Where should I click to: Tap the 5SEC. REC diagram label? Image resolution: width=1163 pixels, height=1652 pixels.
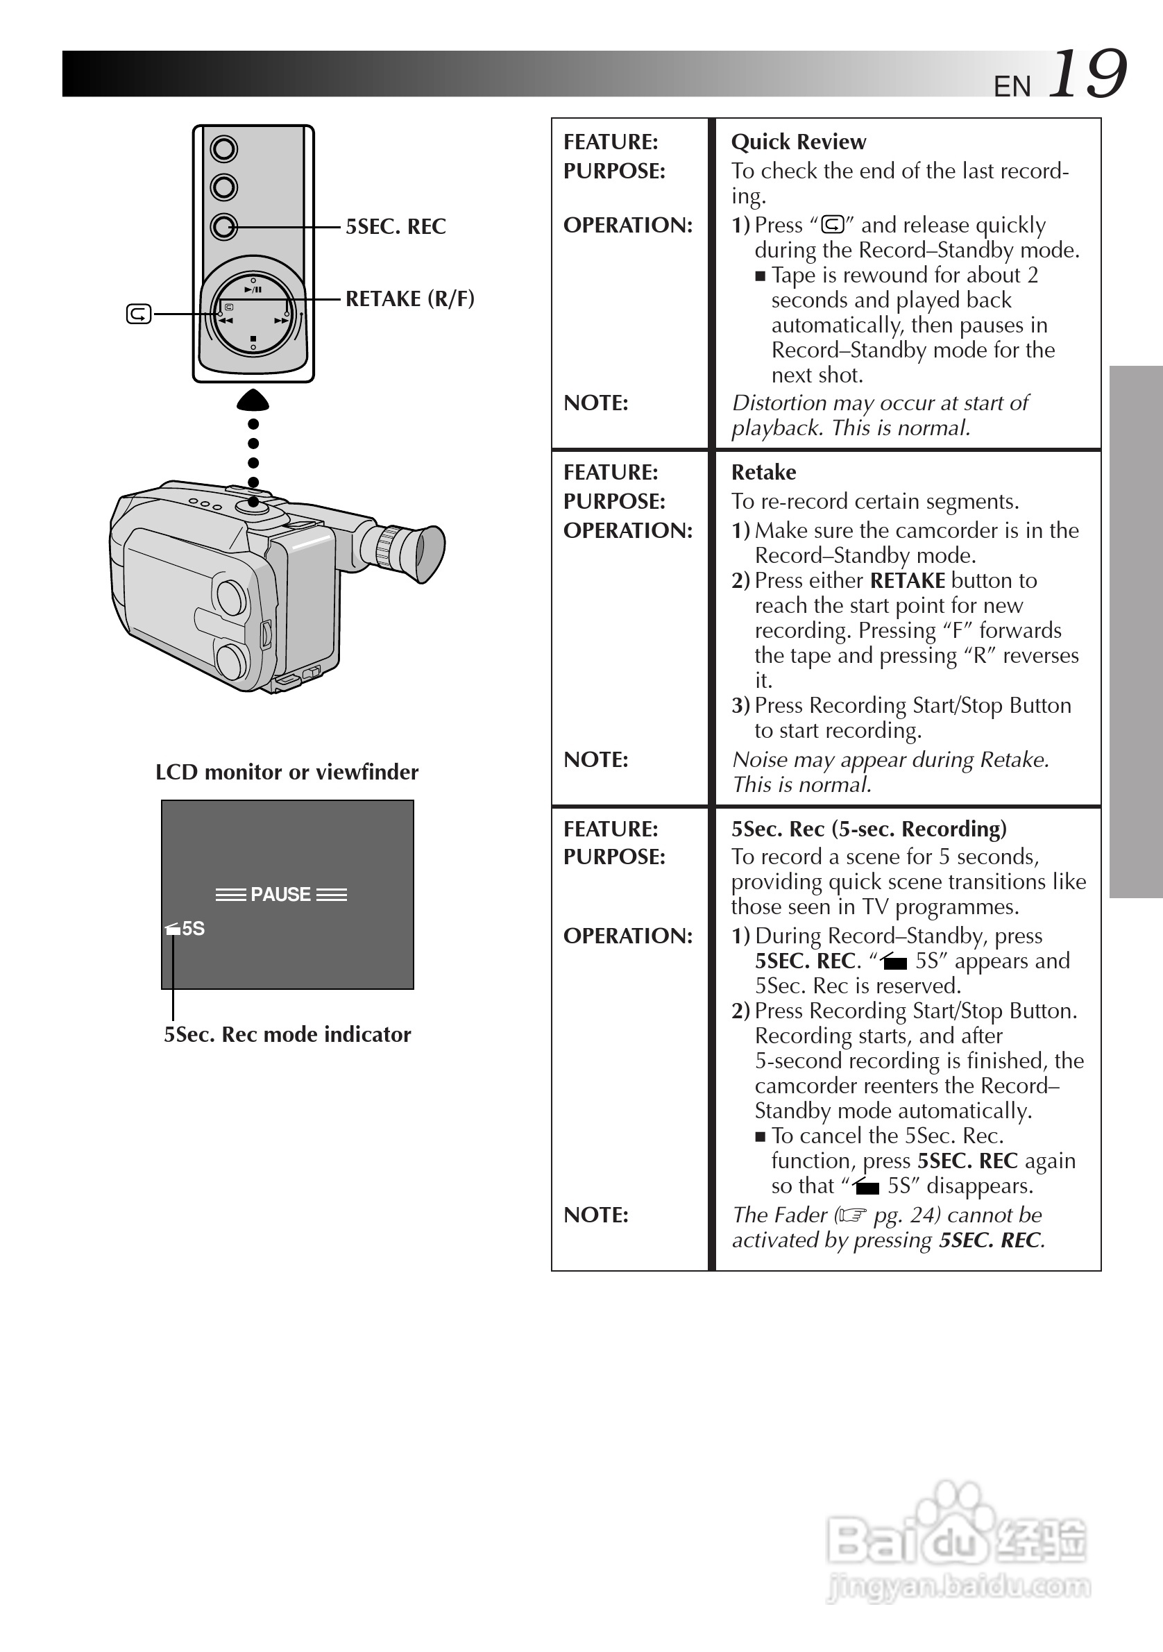pyautogui.click(x=396, y=227)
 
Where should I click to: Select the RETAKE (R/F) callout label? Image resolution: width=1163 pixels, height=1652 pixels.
pyautogui.click(x=410, y=298)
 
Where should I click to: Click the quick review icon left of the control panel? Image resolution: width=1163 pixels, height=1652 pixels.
pyautogui.click(x=139, y=314)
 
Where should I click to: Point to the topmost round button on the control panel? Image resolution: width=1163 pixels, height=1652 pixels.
pyautogui.click(x=223, y=150)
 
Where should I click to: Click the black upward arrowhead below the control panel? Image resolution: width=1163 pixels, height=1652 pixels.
pyautogui.click(x=253, y=400)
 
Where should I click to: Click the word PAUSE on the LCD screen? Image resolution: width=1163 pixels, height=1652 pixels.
pyautogui.click(x=280, y=894)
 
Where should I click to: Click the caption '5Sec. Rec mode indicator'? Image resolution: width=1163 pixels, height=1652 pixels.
pyautogui.click(x=287, y=1035)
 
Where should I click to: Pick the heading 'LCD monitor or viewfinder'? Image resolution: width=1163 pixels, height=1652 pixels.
pyautogui.click(x=287, y=772)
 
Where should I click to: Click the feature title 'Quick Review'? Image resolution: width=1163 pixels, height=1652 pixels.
pyautogui.click(x=799, y=142)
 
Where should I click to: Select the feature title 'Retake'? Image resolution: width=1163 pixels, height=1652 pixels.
pyautogui.click(x=763, y=472)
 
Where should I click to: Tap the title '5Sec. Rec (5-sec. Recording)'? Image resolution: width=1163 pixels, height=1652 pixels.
pyautogui.click(x=869, y=829)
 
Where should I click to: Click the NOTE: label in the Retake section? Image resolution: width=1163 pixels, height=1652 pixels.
pyautogui.click(x=595, y=759)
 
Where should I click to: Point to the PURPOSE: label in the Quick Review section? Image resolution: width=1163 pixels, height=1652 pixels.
pyautogui.click(x=614, y=171)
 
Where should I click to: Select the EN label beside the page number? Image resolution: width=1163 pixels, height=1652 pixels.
pyautogui.click(x=1012, y=87)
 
